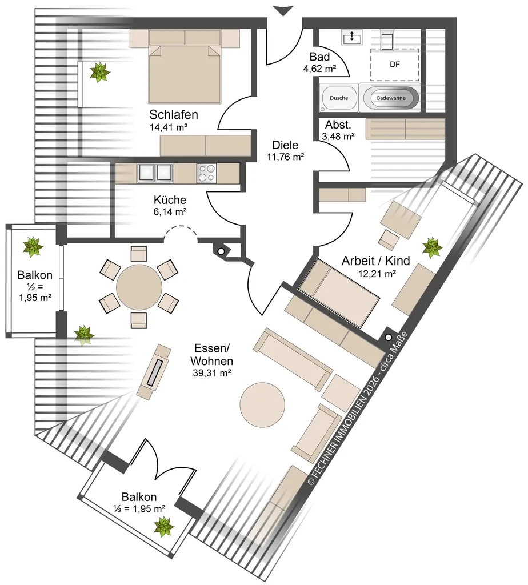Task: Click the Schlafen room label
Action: pos(174,114)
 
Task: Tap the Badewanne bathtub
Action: pos(391,98)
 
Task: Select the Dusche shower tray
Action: pos(339,98)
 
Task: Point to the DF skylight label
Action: pos(395,65)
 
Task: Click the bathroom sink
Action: pos(351,37)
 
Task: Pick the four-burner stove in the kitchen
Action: pos(206,174)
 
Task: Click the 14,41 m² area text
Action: pos(169,127)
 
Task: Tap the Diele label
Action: pos(285,145)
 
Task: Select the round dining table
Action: pos(139,287)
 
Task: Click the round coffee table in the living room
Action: pos(262,405)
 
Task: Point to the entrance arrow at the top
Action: pos(283,11)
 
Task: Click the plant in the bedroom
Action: pos(100,73)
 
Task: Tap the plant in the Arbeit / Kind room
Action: pos(433,247)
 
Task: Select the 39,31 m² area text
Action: pos(212,372)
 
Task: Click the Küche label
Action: pos(170,200)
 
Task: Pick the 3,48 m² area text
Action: pos(338,137)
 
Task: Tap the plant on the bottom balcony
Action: pos(164,527)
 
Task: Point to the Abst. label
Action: pos(338,125)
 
